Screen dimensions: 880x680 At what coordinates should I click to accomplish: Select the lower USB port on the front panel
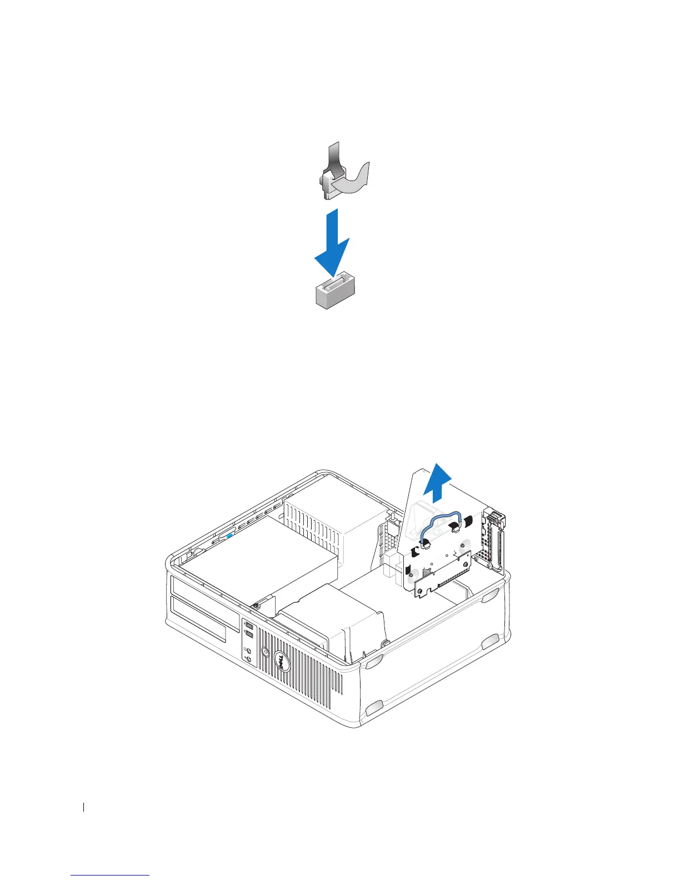pyautogui.click(x=248, y=635)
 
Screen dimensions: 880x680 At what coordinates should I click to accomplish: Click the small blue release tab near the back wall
pyautogui.click(x=229, y=537)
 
